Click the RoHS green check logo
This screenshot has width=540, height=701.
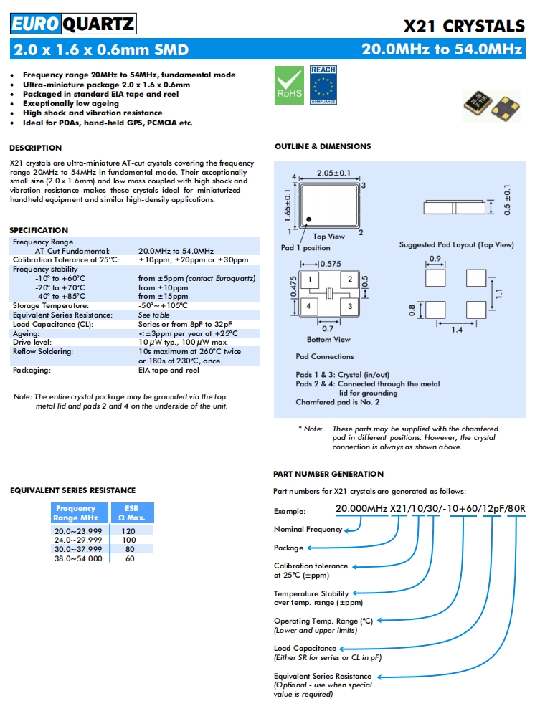(x=289, y=85)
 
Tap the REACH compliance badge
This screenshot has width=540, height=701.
(x=323, y=85)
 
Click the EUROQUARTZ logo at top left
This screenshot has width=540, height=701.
(x=72, y=25)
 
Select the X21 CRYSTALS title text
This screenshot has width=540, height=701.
(x=464, y=27)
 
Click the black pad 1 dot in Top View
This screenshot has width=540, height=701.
(x=309, y=219)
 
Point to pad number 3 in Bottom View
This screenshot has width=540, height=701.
(x=350, y=306)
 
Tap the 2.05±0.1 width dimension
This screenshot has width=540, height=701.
(x=333, y=173)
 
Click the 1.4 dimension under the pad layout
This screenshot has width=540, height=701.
(x=456, y=330)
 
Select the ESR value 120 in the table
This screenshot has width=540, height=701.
(x=129, y=531)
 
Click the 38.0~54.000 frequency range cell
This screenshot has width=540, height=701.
(x=78, y=558)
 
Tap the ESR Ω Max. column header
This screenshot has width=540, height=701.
(x=131, y=512)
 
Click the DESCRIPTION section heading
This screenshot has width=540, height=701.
(x=35, y=148)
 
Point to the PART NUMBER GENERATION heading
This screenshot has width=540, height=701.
(x=328, y=474)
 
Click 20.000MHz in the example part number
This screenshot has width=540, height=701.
(x=361, y=510)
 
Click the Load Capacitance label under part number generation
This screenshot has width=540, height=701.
(x=305, y=648)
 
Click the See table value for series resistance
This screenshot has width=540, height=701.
(x=154, y=315)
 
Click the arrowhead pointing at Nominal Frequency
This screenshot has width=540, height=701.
(x=348, y=530)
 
